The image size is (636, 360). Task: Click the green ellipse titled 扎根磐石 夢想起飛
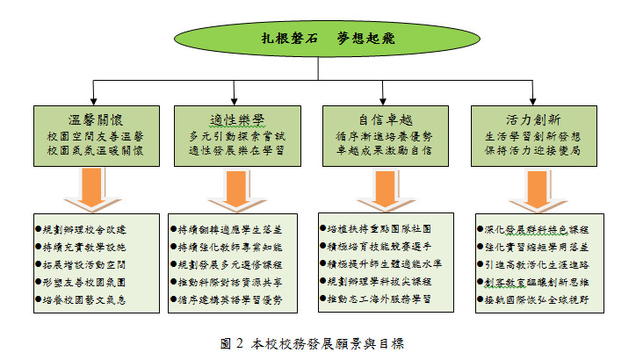click(317, 38)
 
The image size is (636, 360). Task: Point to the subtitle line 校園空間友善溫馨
click(95, 136)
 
